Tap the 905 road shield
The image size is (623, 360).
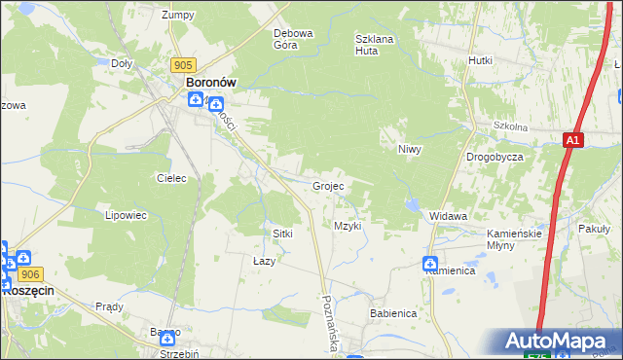tap(181, 64)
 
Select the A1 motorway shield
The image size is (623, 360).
tap(573, 141)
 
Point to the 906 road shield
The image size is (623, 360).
tap(28, 276)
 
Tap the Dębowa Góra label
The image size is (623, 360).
tap(293, 38)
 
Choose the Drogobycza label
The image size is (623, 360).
tap(495, 157)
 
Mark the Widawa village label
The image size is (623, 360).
tap(449, 216)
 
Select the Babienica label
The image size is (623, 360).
tap(393, 314)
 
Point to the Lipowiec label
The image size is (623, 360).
tap(126, 215)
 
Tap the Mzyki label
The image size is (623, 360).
tap(348, 226)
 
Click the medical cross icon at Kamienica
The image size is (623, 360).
tap(430, 263)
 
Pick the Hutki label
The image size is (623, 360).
tap(480, 60)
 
